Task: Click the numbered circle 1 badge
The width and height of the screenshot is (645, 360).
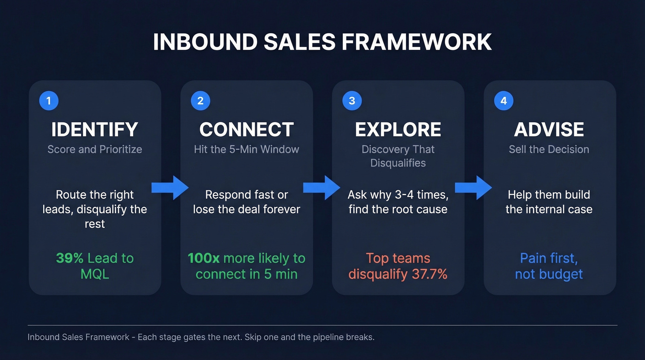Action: click(x=49, y=101)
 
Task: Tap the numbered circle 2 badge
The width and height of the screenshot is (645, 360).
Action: click(x=200, y=101)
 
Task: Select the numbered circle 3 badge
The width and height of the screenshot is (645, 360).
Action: click(x=352, y=101)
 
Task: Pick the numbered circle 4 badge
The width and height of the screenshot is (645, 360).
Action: click(x=504, y=101)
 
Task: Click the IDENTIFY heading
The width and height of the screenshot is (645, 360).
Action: click(x=94, y=130)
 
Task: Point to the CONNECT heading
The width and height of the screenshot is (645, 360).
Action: click(x=246, y=130)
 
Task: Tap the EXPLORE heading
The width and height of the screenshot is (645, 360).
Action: click(x=398, y=130)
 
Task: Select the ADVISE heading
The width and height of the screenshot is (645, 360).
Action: click(x=549, y=130)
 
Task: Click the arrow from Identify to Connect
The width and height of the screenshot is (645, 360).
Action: click(x=170, y=188)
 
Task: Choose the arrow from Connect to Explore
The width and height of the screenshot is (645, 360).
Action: click(x=322, y=188)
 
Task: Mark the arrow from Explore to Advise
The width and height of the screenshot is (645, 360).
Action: click(x=473, y=188)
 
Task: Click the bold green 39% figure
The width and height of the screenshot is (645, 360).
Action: click(x=70, y=258)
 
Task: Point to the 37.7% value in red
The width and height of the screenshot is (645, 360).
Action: click(x=429, y=274)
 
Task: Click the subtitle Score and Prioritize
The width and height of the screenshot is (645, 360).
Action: click(x=94, y=149)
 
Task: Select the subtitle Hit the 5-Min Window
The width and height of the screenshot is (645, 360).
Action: click(x=246, y=149)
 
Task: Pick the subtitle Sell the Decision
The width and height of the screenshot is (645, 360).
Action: click(x=549, y=149)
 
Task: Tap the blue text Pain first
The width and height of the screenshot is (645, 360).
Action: click(x=549, y=258)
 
